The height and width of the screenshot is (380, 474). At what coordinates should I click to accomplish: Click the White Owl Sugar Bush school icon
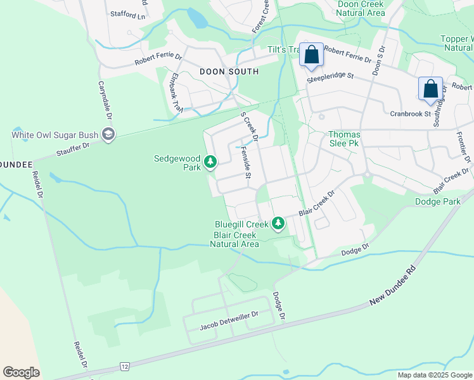click(x=109, y=134)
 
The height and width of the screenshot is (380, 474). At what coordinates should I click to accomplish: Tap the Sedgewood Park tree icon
click(x=210, y=163)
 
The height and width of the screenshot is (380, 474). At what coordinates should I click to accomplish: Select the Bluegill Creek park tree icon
click(x=278, y=224)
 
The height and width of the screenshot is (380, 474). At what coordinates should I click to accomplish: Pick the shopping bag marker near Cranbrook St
click(x=430, y=89)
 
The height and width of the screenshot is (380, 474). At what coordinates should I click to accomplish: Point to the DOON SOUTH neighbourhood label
click(x=229, y=72)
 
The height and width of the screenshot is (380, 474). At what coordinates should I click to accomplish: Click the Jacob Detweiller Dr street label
click(x=229, y=320)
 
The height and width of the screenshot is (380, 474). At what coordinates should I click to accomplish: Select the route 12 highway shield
click(x=124, y=367)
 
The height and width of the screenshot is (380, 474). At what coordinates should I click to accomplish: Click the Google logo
click(x=21, y=372)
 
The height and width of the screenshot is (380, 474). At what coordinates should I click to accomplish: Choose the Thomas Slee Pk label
click(x=344, y=139)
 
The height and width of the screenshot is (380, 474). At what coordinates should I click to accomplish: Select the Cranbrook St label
click(x=410, y=114)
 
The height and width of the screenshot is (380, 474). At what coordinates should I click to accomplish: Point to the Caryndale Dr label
click(x=105, y=100)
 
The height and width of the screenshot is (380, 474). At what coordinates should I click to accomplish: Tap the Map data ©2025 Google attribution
click(x=435, y=375)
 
